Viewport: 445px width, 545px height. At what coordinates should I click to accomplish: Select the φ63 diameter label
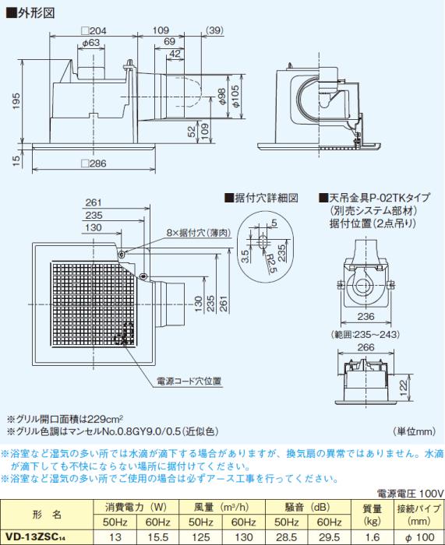tap(91, 44)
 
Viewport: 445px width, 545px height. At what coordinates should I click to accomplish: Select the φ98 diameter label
tap(222, 97)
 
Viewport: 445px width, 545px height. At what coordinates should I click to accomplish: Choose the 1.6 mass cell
tap(372, 536)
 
